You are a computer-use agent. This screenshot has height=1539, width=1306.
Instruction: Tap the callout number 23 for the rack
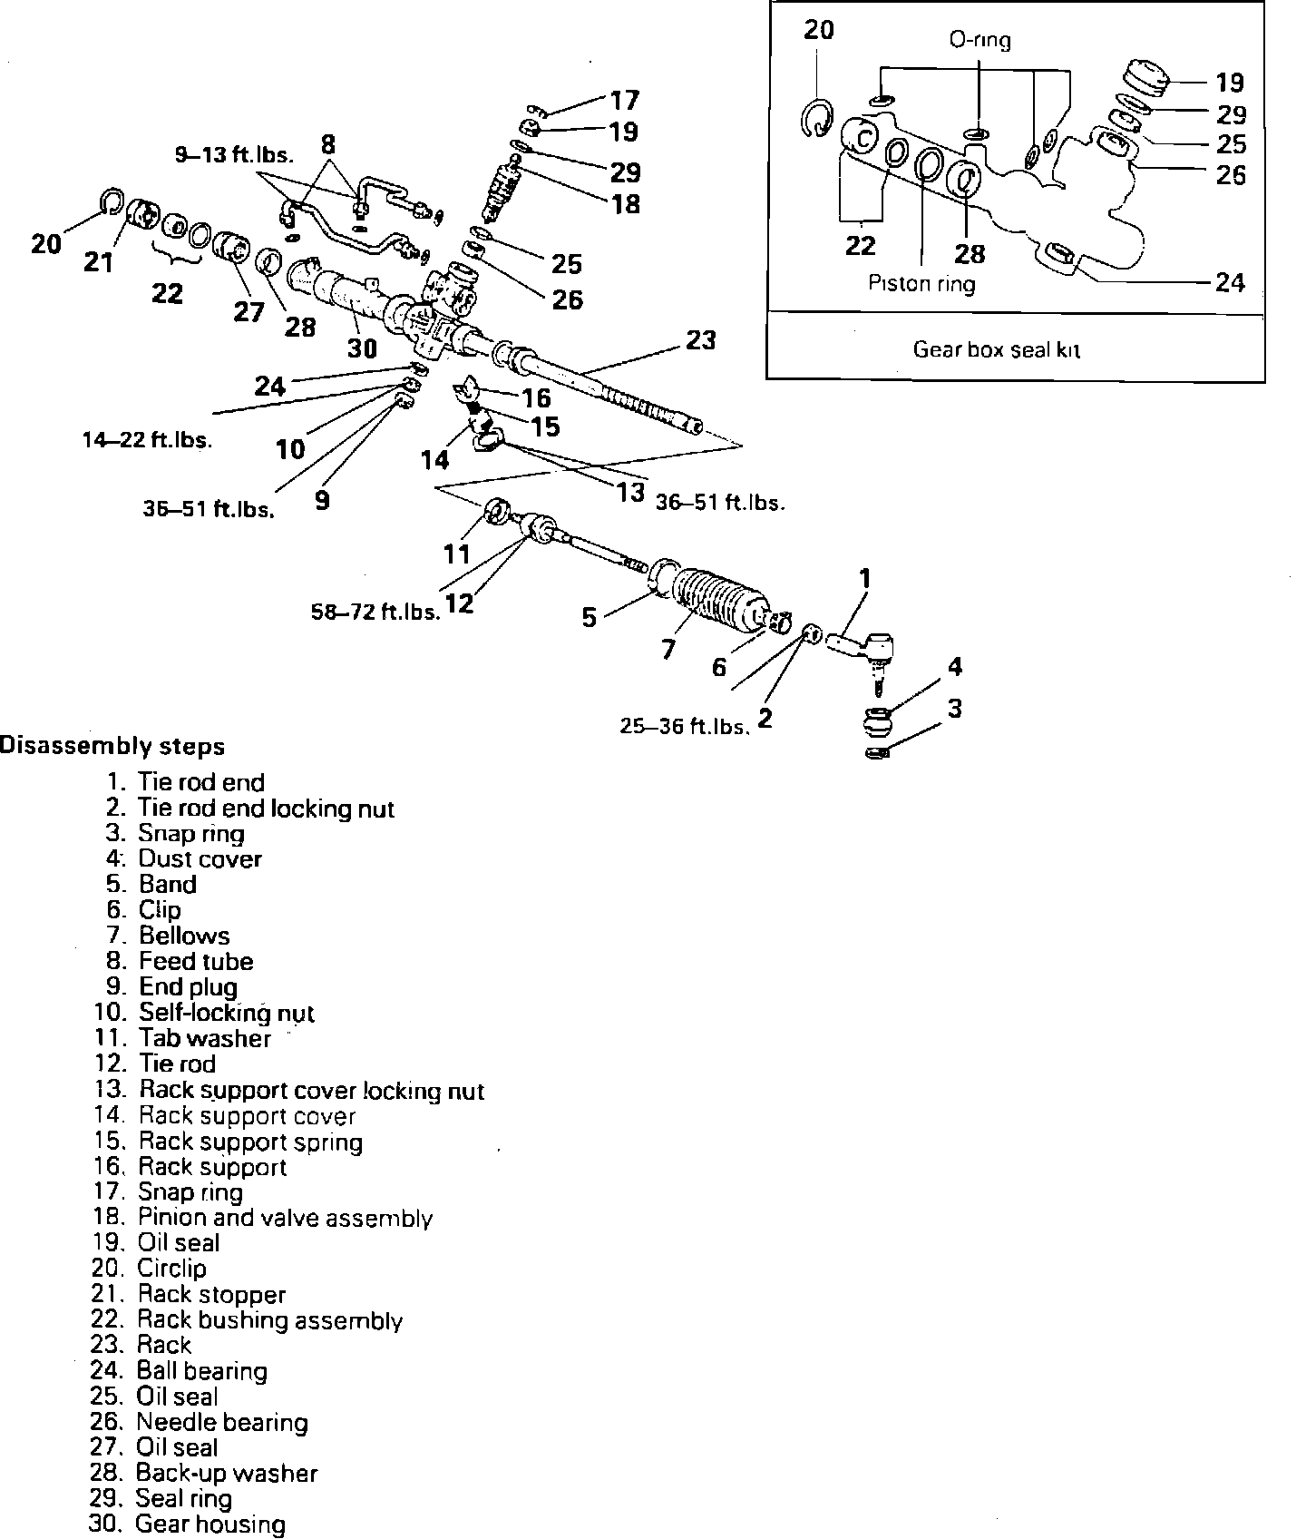pos(700,340)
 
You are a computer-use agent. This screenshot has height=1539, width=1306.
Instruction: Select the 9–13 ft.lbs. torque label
pos(234,155)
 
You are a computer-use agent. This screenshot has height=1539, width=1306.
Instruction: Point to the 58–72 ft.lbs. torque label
pos(375,612)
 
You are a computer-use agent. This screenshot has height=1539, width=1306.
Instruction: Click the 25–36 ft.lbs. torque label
pos(686,726)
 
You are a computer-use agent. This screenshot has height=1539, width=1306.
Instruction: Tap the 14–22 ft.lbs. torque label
pos(146,441)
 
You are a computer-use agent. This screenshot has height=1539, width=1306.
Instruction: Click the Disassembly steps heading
pos(112,747)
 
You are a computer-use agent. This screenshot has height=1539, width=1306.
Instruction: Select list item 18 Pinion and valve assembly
pos(262,1218)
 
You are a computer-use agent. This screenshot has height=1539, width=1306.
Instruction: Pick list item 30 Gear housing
pos(187,1524)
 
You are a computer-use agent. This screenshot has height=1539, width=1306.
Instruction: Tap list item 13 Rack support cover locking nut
pos(288,1090)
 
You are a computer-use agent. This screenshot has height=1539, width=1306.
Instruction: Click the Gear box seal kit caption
pos(996,349)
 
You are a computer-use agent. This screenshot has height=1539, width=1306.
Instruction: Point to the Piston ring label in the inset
pos(921,284)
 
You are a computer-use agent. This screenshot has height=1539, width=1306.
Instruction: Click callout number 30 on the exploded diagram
pos(362,348)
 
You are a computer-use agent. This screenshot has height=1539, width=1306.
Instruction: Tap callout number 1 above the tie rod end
pos(864,578)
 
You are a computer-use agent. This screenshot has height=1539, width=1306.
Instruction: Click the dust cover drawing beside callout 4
pos(878,723)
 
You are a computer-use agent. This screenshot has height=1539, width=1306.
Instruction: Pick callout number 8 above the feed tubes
pos(328,143)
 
